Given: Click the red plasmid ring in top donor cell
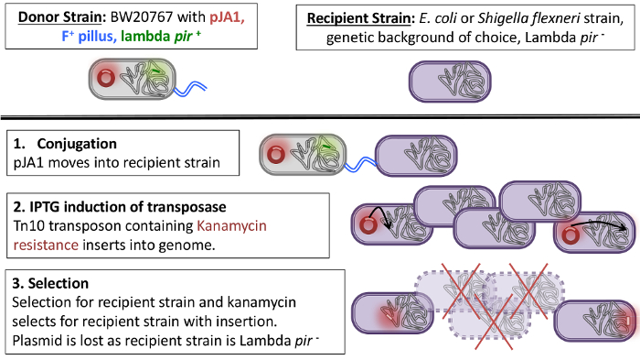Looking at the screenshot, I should [x=106, y=79].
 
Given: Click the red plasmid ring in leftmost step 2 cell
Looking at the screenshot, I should [x=368, y=224].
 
